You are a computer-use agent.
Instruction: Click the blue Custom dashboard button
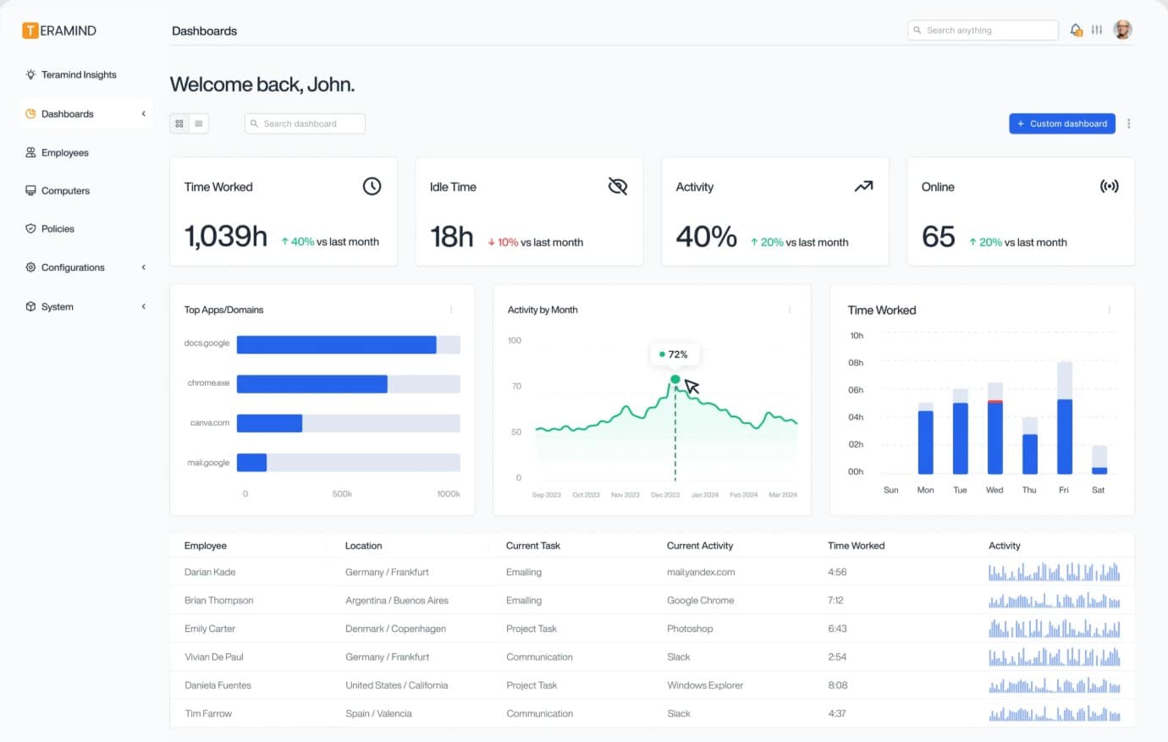pyautogui.click(x=1061, y=124)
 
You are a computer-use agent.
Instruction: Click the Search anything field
pyautogui.click(x=983, y=30)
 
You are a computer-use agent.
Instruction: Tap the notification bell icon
pyautogui.click(x=1076, y=30)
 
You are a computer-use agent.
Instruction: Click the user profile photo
pyautogui.click(x=1122, y=30)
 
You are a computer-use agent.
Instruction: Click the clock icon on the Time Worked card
pyautogui.click(x=372, y=186)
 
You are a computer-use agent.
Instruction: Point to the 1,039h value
pyautogui.click(x=226, y=236)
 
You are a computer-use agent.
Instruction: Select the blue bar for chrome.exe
pyautogui.click(x=311, y=384)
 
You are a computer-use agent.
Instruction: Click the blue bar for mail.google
pyautogui.click(x=252, y=463)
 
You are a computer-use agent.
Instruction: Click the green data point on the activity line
pyautogui.click(x=675, y=379)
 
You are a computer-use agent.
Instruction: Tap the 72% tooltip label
pyautogui.click(x=674, y=355)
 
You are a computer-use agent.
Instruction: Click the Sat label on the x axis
pyautogui.click(x=1098, y=490)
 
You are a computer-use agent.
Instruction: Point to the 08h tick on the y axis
pyautogui.click(x=856, y=363)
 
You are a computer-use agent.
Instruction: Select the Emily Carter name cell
pyautogui.click(x=210, y=629)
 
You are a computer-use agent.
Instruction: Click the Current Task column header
pyautogui.click(x=533, y=546)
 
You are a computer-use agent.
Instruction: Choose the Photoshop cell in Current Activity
pyautogui.click(x=690, y=629)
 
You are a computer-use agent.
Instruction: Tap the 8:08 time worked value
pyautogui.click(x=837, y=685)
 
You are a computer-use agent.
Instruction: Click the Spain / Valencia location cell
pyautogui.click(x=378, y=713)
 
